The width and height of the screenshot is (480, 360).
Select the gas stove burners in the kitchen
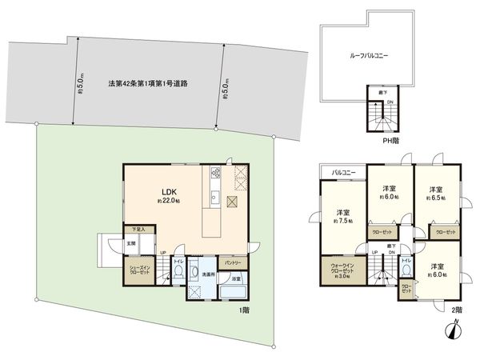(x=214, y=173)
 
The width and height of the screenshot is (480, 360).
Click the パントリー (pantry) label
(x=233, y=262)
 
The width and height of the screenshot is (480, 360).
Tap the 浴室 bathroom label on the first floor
(x=236, y=279)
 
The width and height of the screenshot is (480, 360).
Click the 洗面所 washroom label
(x=207, y=274)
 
